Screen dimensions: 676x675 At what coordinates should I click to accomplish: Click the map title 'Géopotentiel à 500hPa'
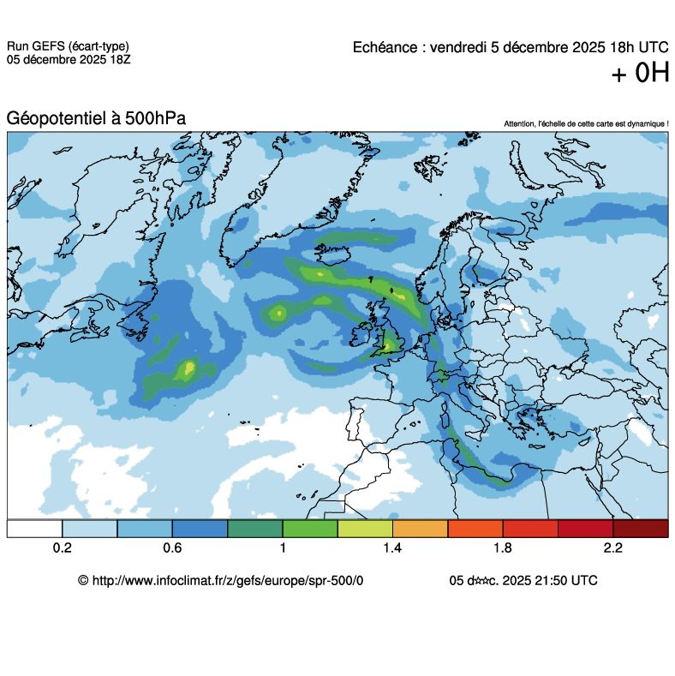(x=96, y=119)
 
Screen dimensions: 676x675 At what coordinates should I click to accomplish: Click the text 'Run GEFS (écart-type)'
(x=69, y=46)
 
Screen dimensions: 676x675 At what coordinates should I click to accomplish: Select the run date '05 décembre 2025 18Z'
(x=69, y=59)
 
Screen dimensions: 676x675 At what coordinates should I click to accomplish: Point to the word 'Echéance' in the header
(x=385, y=48)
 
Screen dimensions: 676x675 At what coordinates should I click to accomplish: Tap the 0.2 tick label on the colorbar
(x=62, y=547)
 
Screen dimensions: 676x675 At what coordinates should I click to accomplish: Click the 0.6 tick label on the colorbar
(x=172, y=547)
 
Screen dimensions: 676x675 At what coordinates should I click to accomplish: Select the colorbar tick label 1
(x=283, y=547)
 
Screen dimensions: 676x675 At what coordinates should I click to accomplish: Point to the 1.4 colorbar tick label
(x=392, y=547)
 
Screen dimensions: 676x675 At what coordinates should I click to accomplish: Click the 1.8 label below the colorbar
(x=503, y=547)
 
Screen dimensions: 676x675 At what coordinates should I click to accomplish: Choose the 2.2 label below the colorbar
(x=612, y=547)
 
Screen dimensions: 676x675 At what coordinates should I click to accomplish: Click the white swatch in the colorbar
(x=34, y=529)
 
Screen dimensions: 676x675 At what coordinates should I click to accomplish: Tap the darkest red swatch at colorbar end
(x=640, y=529)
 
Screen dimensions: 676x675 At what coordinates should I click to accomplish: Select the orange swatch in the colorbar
(x=420, y=529)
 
